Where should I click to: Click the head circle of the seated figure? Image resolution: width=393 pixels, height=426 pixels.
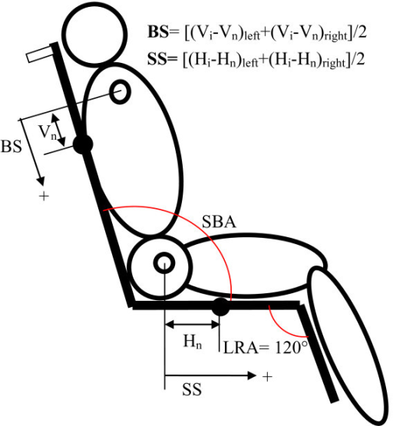[x=94, y=35]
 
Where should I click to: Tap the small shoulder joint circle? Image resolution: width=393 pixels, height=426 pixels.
[x=120, y=91]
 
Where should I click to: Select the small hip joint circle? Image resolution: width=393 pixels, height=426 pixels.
[x=164, y=263]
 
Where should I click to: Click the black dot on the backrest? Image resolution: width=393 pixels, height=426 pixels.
[x=83, y=144]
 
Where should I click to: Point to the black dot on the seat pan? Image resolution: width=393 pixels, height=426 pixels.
[x=220, y=307]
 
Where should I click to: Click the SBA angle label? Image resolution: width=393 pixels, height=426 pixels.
[x=219, y=222]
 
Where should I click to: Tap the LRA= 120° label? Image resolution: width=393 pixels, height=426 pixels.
[x=266, y=347]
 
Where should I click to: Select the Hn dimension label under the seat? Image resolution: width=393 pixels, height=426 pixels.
[x=193, y=342]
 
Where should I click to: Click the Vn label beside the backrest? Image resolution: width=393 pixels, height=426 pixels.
[x=48, y=133]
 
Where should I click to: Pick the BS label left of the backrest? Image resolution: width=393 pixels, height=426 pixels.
[x=12, y=147]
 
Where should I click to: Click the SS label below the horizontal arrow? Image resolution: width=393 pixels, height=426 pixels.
[x=192, y=389]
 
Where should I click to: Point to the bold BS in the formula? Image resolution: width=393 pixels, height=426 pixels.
[x=158, y=32]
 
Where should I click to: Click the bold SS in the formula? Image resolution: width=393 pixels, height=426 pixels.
[x=157, y=58]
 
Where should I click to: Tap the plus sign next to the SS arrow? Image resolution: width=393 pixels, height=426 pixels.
[x=267, y=377]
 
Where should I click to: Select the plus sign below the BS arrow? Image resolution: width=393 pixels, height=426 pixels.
[x=44, y=196]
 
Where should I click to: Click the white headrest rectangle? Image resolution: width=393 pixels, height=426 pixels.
[x=40, y=54]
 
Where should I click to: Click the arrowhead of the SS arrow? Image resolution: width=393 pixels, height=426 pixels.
[x=252, y=375]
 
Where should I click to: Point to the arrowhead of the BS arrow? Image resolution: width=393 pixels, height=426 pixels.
[x=41, y=180]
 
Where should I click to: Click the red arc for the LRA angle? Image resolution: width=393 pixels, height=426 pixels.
[x=283, y=325]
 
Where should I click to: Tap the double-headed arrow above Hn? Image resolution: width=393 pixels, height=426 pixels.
[x=193, y=324]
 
